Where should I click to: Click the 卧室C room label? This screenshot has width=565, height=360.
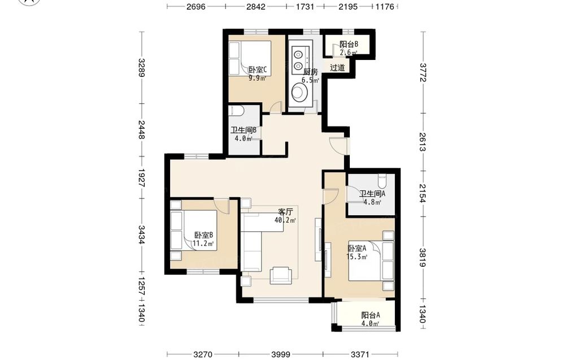pyautogui.click(x=257, y=70)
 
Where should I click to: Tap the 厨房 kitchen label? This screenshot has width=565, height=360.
pyautogui.click(x=310, y=72)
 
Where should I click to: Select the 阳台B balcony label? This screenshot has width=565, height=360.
pyautogui.click(x=349, y=44)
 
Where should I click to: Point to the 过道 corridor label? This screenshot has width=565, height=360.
pyautogui.click(x=337, y=67)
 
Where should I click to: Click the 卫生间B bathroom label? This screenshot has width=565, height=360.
pyautogui.click(x=244, y=130)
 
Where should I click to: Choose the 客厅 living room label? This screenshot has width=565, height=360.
pyautogui.click(x=285, y=211)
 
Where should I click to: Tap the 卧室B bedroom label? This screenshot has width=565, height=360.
pyautogui.click(x=203, y=235)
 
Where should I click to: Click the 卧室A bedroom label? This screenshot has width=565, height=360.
pyautogui.click(x=357, y=248)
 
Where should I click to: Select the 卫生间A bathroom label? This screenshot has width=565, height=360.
pyautogui.click(x=372, y=193)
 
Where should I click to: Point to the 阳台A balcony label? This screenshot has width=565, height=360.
pyautogui.click(x=371, y=315)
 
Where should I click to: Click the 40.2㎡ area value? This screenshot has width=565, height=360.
pyautogui.click(x=285, y=220)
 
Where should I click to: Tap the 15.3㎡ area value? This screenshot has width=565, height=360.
pyautogui.click(x=357, y=257)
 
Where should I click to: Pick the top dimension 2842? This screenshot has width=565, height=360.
pyautogui.click(x=256, y=6)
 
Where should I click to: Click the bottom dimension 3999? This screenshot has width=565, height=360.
pyautogui.click(x=281, y=354)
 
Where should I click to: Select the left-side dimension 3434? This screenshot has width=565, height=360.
pyautogui.click(x=142, y=235)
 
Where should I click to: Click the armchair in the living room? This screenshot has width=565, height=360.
pyautogui.click(x=281, y=275)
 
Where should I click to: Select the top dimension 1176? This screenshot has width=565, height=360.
pyautogui.click(x=385, y=6)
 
